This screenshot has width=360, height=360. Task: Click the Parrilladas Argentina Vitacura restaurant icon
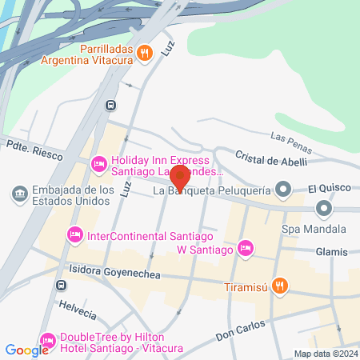144,53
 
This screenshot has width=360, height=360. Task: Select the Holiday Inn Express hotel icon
99,164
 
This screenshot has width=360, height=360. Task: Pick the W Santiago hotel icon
246,249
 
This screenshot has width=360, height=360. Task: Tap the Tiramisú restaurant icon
279,285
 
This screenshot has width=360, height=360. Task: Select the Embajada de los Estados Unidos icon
19,194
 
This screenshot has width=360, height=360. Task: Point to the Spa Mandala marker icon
324,210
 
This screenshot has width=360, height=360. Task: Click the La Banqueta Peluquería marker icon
282,190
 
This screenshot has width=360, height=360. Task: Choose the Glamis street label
331,252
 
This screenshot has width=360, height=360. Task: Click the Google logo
27,350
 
